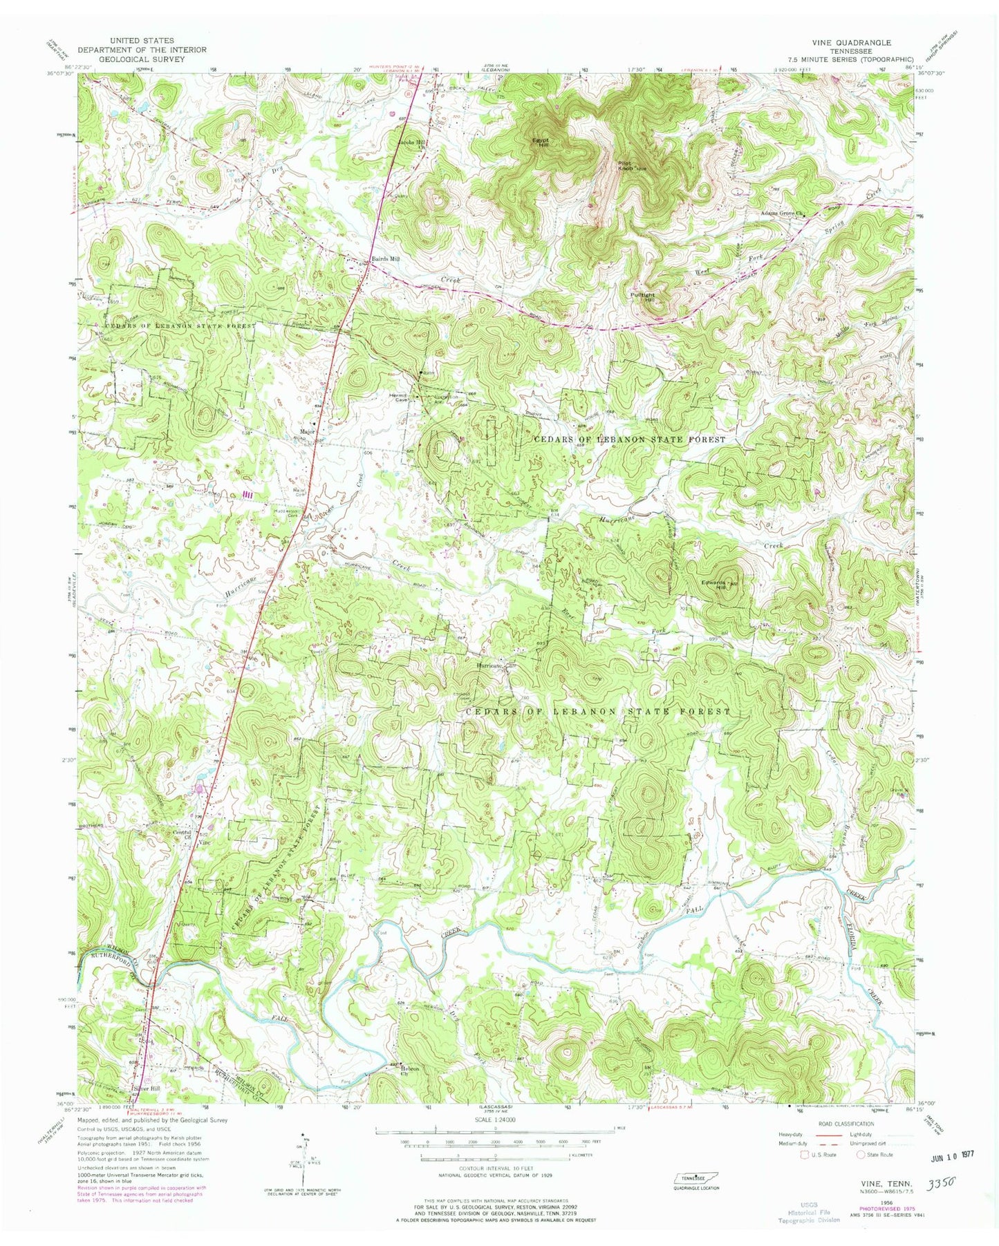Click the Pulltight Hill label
point(642,297)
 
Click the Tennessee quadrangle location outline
point(696,1178)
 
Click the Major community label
point(307,431)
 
